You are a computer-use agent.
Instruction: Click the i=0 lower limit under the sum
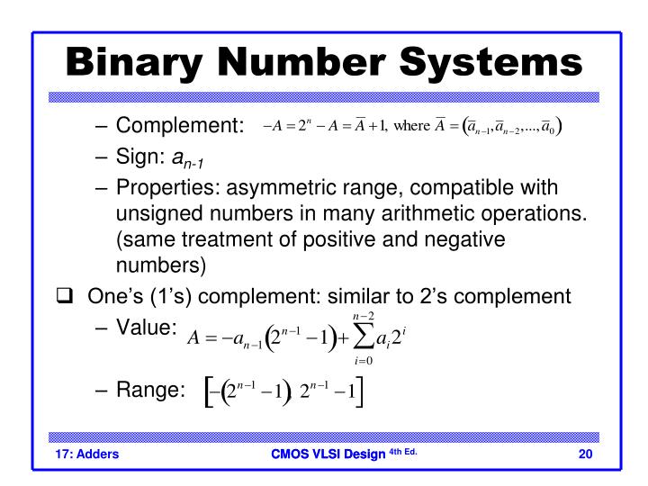pyautogui.click(x=363, y=362)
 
